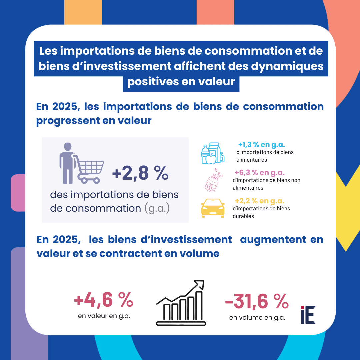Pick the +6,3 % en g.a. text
click(259, 173)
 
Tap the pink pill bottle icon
click(213, 182)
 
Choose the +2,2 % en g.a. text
click(259, 201)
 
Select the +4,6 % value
click(104, 300)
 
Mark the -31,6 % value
click(257, 302)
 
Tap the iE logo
click(308, 315)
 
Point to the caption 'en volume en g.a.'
click(257, 318)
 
